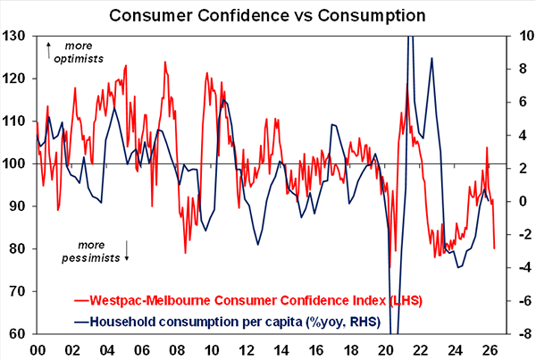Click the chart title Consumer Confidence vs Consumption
[268, 15]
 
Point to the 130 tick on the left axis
[15, 37]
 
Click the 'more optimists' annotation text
[78, 52]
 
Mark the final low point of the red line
[495, 248]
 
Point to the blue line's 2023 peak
[431, 59]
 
